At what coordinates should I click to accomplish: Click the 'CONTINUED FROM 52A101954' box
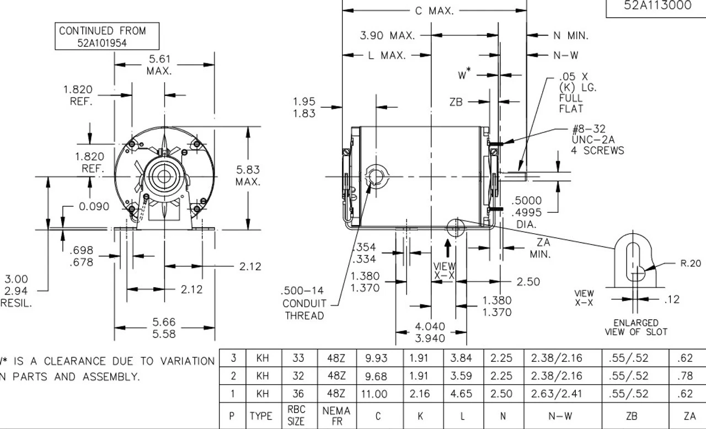click(109, 36)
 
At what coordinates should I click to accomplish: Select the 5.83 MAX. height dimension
click(248, 175)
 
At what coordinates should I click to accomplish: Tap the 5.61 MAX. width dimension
click(159, 65)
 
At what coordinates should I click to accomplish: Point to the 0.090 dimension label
click(94, 206)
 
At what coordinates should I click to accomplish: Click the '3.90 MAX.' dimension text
click(387, 36)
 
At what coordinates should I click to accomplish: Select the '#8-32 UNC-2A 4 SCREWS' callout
click(598, 140)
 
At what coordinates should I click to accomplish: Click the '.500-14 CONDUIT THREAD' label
click(303, 303)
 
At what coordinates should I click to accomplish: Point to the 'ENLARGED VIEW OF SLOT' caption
click(636, 327)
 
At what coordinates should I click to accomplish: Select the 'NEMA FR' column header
click(336, 416)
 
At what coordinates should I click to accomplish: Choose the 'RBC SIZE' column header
click(296, 416)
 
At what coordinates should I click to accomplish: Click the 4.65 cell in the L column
click(461, 394)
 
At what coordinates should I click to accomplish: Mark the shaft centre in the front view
click(164, 177)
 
